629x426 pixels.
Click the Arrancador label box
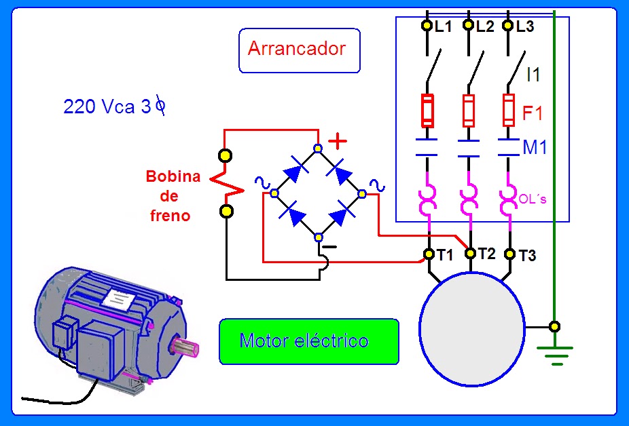click(299, 50)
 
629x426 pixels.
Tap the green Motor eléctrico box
click(308, 341)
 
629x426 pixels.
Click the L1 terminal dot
click(427, 26)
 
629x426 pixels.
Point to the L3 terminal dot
click(507, 26)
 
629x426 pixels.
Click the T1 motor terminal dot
click(429, 254)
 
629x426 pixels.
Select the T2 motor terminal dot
click(469, 253)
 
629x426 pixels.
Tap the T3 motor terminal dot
click(510, 254)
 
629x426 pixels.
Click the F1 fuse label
click(533, 113)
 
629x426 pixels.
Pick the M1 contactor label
click(535, 147)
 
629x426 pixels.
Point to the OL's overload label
click(533, 198)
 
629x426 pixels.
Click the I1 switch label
click(534, 75)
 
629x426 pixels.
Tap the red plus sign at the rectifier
click(338, 141)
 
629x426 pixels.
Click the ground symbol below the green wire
click(555, 355)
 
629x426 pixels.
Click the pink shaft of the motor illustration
click(188, 347)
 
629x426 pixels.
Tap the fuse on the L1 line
click(427, 111)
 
